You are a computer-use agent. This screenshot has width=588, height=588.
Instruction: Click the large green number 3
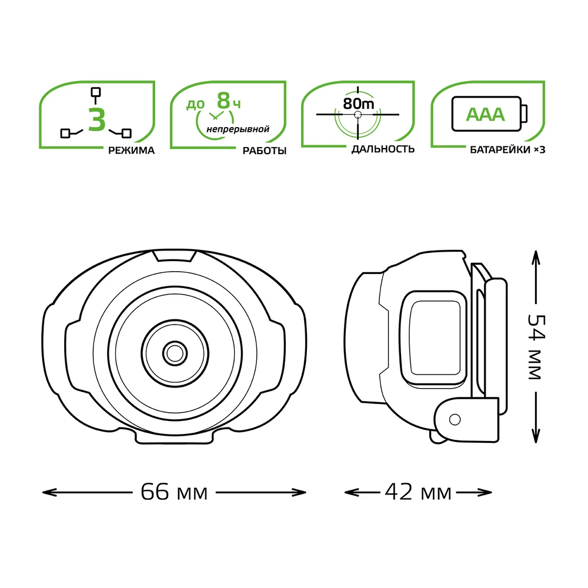97,119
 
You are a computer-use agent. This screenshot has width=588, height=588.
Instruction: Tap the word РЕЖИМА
131,151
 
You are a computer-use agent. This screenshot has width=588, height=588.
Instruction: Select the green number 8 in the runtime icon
223,100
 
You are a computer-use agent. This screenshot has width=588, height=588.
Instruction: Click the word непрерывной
238,129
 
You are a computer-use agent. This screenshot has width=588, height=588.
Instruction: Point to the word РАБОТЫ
265,151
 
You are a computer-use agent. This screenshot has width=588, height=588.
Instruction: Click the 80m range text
359,103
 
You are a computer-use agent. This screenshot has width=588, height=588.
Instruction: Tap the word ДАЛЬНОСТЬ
383,149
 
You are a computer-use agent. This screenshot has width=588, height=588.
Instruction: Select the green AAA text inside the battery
485,115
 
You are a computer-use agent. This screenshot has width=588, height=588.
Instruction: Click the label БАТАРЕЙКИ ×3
507,150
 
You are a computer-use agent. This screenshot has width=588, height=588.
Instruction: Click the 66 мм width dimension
174,492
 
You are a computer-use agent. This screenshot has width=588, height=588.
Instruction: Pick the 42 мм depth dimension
417,492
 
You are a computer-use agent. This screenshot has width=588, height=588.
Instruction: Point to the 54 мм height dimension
536,347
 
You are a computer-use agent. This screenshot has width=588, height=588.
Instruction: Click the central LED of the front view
175,353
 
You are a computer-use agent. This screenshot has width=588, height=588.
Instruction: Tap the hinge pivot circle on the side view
455,419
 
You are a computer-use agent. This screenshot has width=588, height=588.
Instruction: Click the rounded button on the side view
435,338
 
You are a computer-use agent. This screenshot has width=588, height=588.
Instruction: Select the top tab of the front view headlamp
174,255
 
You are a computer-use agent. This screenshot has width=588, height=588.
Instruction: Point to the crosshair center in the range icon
358,115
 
